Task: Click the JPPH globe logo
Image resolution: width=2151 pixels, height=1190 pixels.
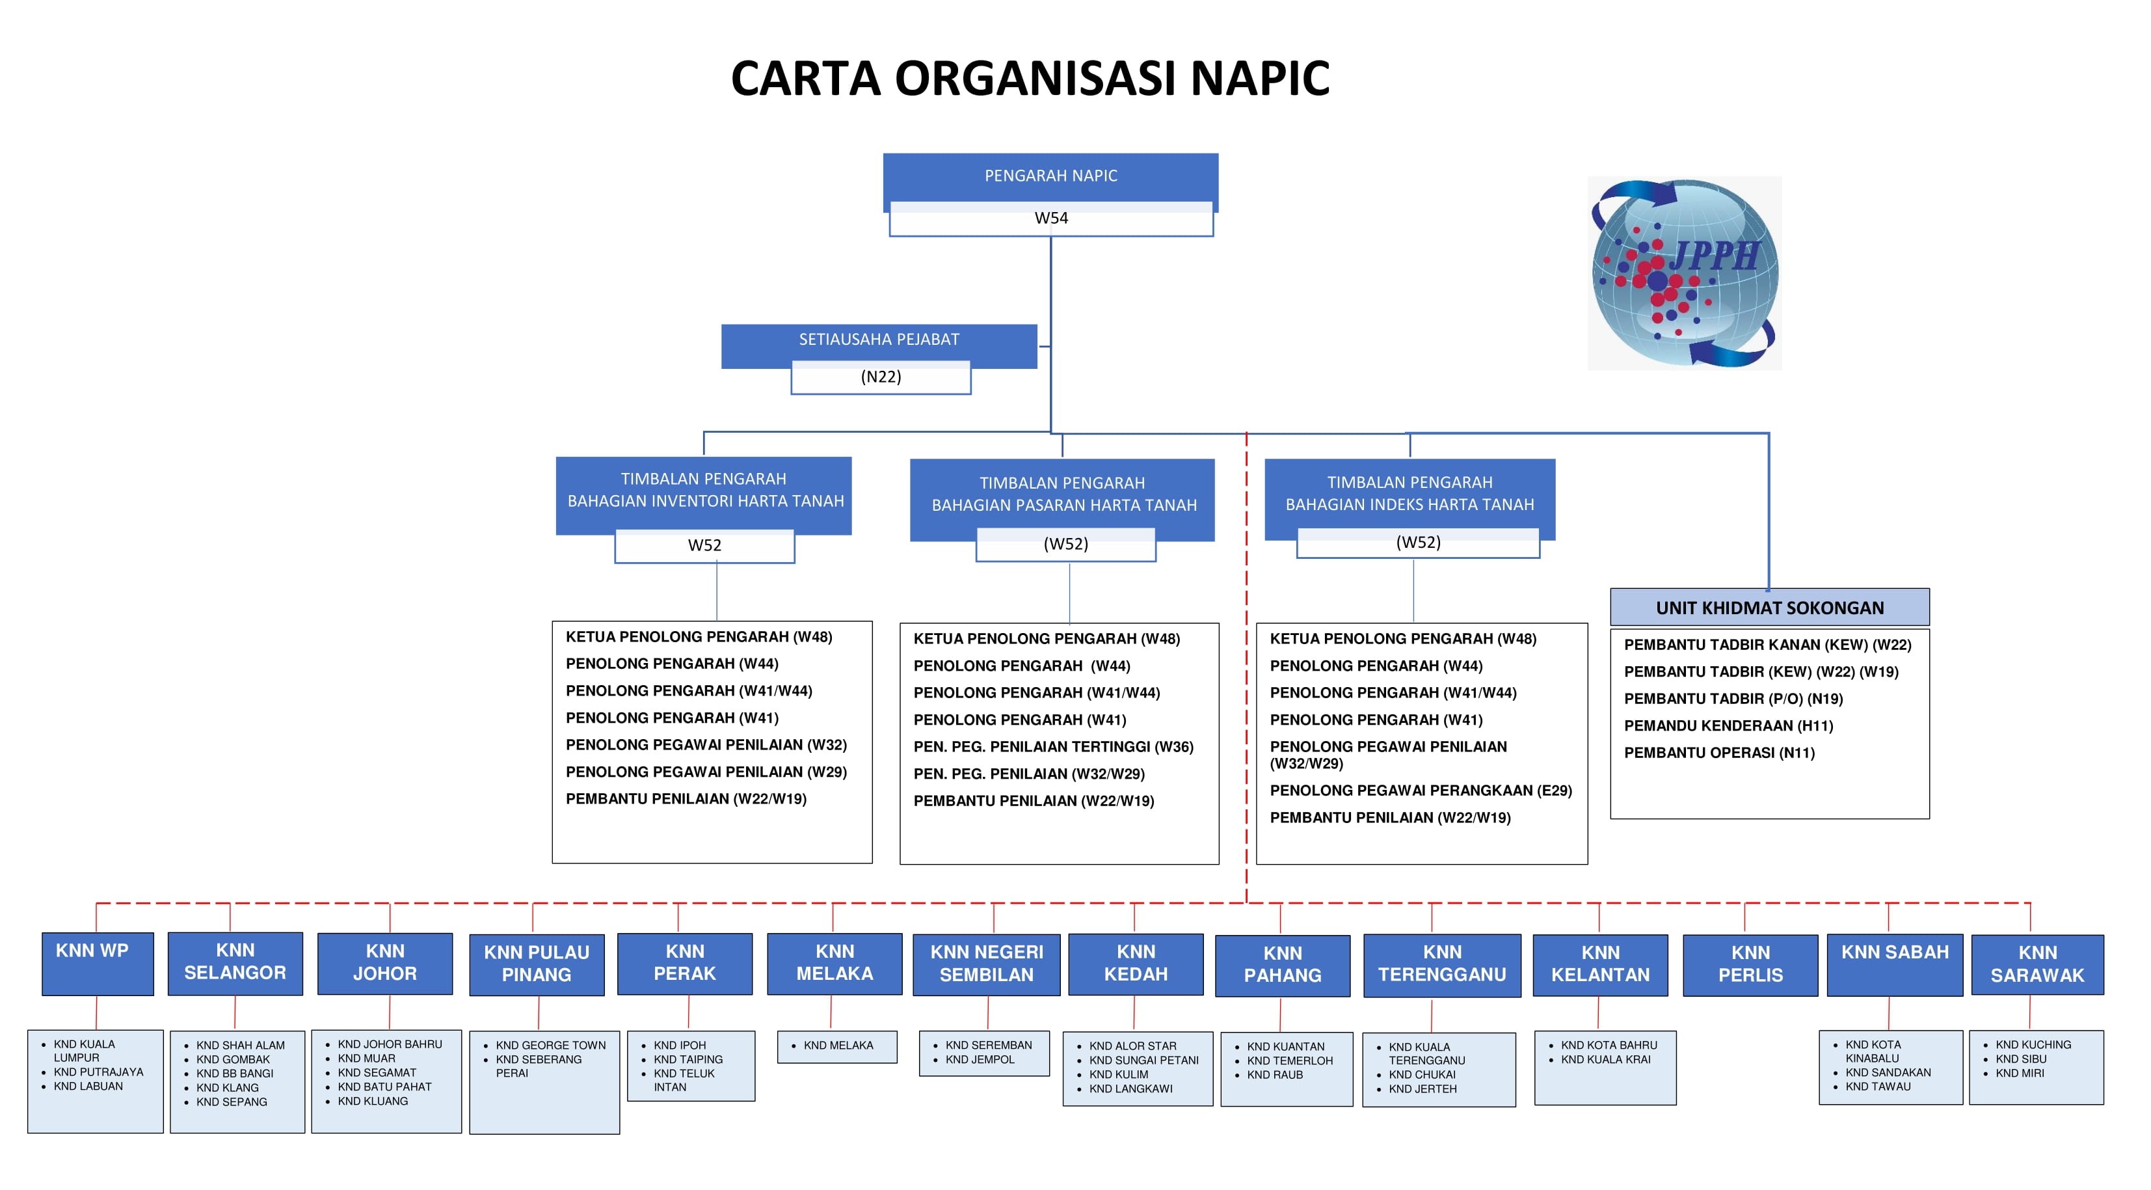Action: click(1684, 273)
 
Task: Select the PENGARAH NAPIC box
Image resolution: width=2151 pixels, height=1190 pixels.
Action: click(1050, 176)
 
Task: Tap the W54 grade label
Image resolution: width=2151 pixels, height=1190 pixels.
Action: click(1050, 218)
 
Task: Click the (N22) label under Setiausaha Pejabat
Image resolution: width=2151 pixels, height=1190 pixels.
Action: click(880, 377)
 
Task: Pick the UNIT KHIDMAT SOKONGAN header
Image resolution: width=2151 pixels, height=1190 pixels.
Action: click(1769, 608)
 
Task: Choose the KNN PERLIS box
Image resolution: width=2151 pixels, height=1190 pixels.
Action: click(1750, 964)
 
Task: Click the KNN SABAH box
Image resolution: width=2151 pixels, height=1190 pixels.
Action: click(1894, 964)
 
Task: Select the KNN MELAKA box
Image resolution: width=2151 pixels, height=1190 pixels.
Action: click(834, 963)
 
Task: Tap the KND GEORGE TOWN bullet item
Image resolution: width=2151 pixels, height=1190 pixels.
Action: click(550, 1046)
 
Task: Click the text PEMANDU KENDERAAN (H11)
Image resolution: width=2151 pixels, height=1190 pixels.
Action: click(1728, 725)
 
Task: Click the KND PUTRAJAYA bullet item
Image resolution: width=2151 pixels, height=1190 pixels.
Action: click(98, 1072)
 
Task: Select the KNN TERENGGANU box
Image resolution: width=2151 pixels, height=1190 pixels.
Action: click(1441, 964)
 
